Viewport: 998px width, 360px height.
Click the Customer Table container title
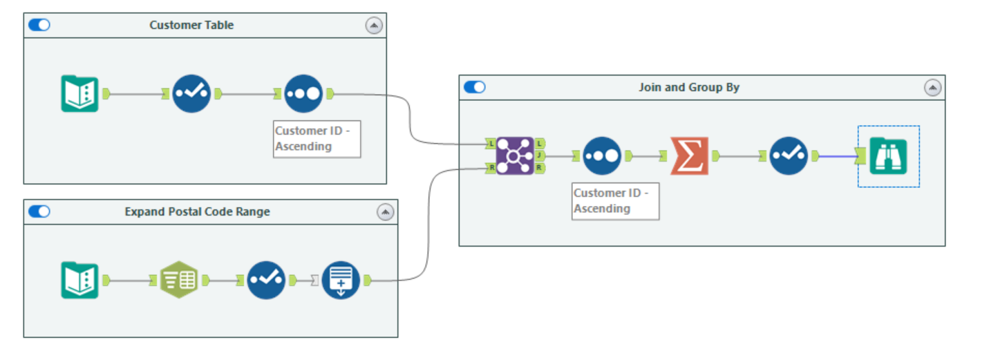pyautogui.click(x=191, y=25)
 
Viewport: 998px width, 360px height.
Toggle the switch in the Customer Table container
pyautogui.click(x=39, y=25)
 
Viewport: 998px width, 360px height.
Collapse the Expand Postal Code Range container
pyautogui.click(x=386, y=212)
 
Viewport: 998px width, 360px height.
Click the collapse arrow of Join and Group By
pyautogui.click(x=933, y=87)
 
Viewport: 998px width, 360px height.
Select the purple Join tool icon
pyautogui.click(x=515, y=156)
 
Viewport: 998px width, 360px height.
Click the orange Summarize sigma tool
pyautogui.click(x=689, y=156)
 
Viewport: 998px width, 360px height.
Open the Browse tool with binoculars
pyautogui.click(x=888, y=156)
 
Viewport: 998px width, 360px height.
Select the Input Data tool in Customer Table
pyautogui.click(x=79, y=93)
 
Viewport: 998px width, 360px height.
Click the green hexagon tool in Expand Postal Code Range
pyautogui.click(x=179, y=280)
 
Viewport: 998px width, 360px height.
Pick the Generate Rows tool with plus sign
pyautogui.click(x=341, y=280)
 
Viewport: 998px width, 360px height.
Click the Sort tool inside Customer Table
pyautogui.click(x=303, y=93)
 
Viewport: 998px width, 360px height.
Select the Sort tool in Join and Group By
pyautogui.click(x=602, y=156)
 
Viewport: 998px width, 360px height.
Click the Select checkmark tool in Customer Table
pyautogui.click(x=191, y=93)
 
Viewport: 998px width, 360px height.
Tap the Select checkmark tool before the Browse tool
pyautogui.click(x=789, y=156)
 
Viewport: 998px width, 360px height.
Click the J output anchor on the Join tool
pyautogui.click(x=540, y=156)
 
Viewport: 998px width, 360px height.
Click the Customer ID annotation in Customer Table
pyautogui.click(x=317, y=139)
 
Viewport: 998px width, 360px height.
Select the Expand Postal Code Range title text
pyautogui.click(x=197, y=212)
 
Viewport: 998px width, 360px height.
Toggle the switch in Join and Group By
pyautogui.click(x=475, y=87)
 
